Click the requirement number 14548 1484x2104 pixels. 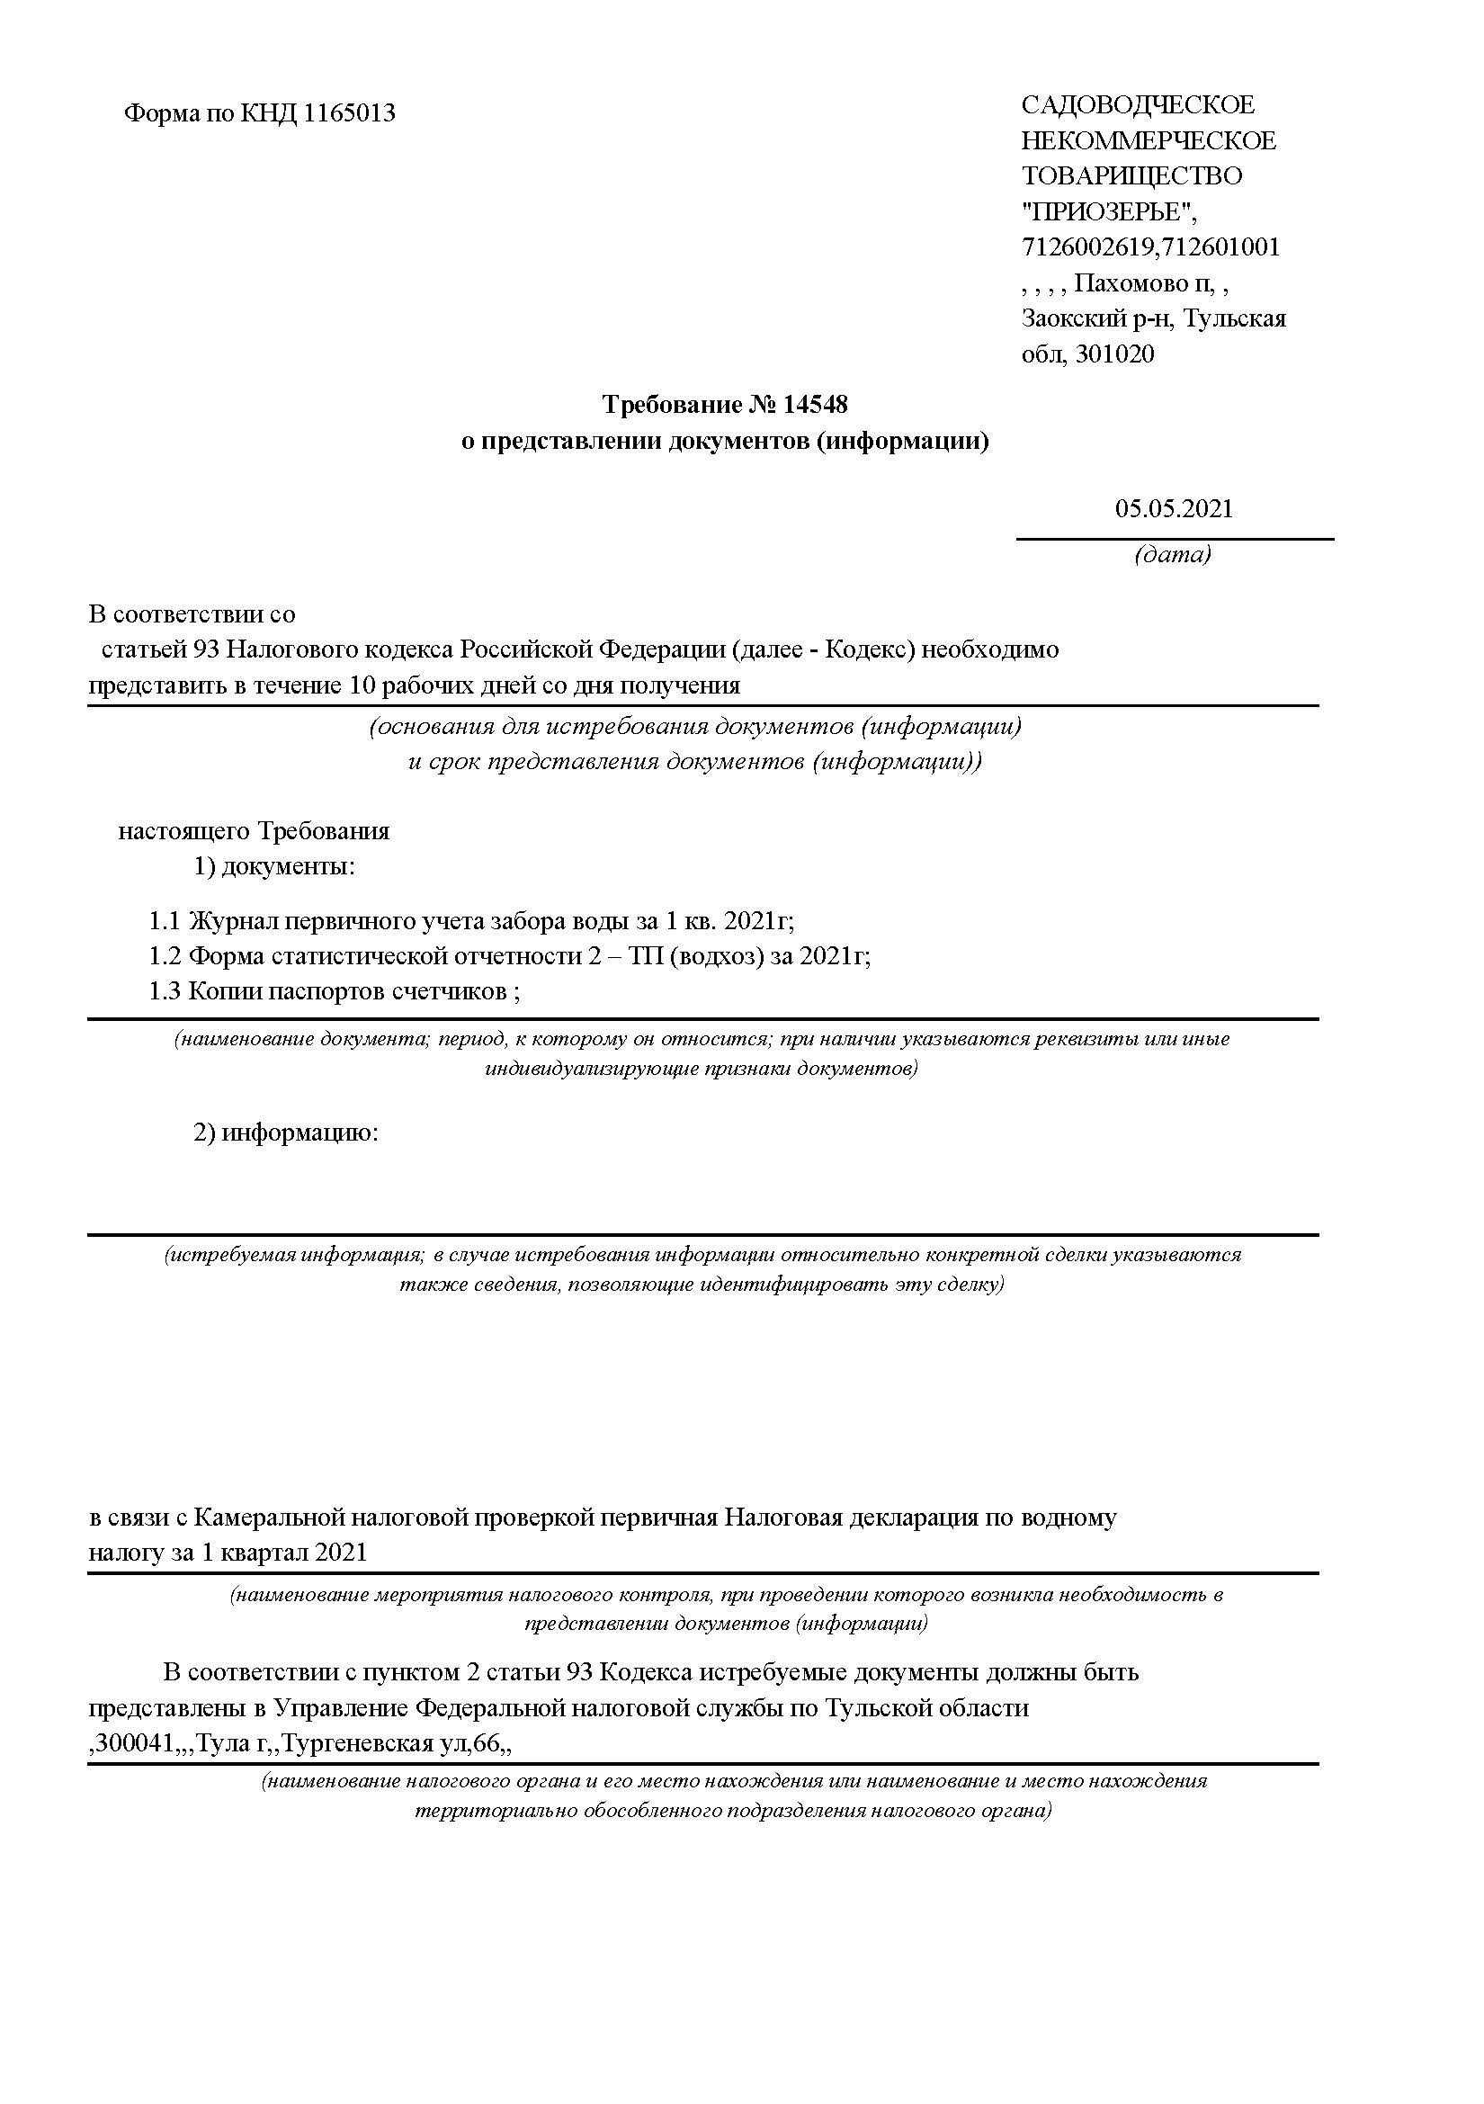tap(815, 404)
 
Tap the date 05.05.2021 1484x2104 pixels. tap(1174, 509)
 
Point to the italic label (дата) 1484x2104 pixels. tap(1173, 554)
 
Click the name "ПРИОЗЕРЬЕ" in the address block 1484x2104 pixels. tap(1107, 211)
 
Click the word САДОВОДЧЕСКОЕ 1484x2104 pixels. tap(1138, 105)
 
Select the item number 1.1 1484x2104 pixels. tap(165, 921)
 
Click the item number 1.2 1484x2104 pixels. tap(165, 957)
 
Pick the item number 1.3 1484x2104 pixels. tap(165, 991)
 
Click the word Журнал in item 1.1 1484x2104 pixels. tap(233, 921)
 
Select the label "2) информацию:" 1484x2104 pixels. tap(286, 1133)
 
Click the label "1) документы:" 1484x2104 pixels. tap(274, 867)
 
